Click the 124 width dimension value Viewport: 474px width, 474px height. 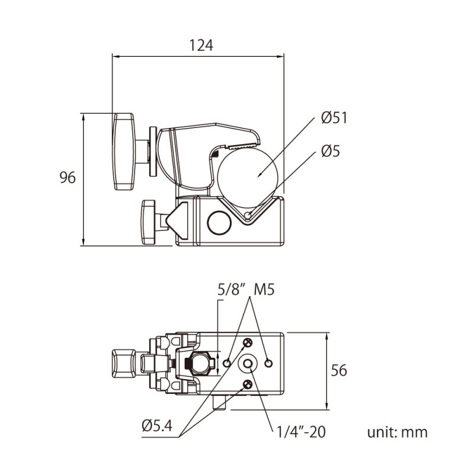tap(200, 45)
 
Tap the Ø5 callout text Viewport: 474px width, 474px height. tap(330, 152)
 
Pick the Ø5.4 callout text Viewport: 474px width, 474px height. tap(157, 426)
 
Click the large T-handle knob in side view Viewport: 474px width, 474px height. tap(124, 152)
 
